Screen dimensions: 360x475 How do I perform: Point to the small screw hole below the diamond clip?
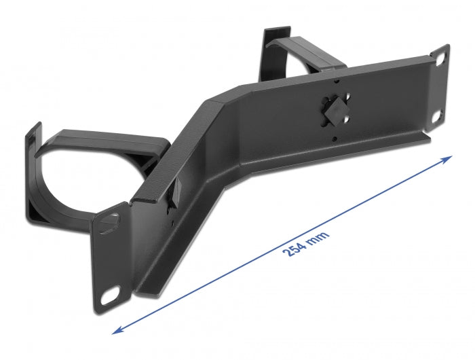(334, 139)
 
